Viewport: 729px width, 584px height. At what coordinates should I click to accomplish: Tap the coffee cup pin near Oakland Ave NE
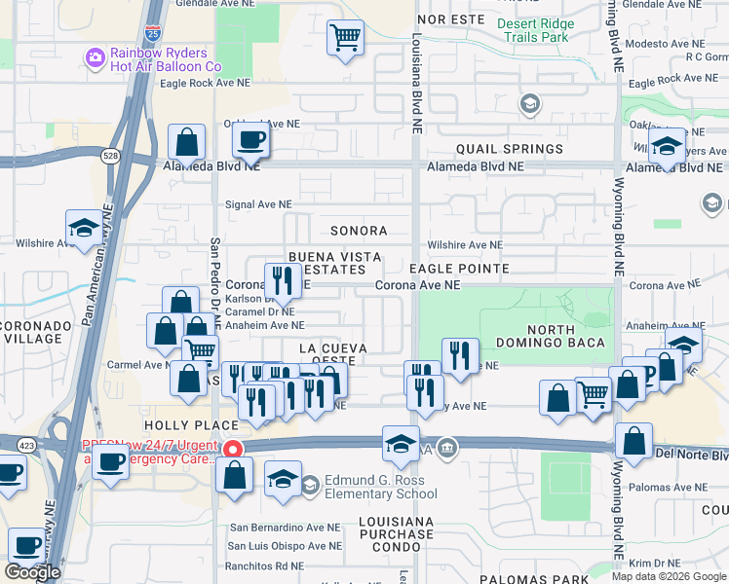point(250,141)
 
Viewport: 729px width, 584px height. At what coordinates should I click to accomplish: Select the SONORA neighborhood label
point(358,231)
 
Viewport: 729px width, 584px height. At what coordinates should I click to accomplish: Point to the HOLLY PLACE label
point(191,425)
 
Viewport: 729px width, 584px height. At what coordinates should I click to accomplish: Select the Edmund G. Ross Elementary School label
point(382,487)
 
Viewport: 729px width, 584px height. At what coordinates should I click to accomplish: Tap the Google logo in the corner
point(33,572)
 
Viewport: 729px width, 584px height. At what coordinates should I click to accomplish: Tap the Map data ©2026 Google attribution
point(669,576)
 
